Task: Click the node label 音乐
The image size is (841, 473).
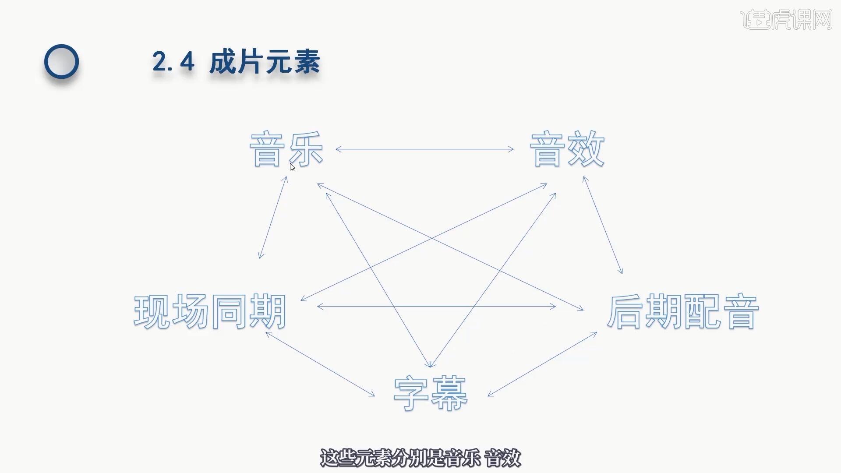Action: click(286, 149)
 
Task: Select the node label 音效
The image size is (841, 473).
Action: click(567, 149)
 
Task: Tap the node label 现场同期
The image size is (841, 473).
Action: click(210, 312)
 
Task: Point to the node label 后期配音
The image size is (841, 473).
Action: click(683, 312)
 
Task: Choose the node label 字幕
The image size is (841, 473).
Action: click(431, 393)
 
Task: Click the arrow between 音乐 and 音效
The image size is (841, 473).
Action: click(424, 149)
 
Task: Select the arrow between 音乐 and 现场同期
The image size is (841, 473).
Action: click(273, 217)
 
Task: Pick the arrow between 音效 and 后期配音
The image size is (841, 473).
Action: click(603, 225)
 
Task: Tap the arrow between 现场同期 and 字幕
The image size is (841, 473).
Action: click(320, 364)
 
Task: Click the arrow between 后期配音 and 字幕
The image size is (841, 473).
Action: click(542, 364)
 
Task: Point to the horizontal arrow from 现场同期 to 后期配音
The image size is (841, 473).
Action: click(436, 307)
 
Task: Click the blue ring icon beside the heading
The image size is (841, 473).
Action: click(61, 62)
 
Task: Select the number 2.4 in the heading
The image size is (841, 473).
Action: click(173, 62)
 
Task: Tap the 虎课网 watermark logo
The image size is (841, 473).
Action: click(786, 19)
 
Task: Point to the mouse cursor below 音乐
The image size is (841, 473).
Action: click(292, 167)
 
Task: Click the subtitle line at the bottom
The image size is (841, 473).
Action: click(420, 458)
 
